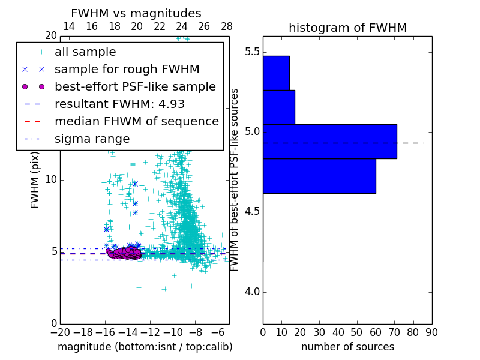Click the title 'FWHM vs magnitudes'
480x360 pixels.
coord(136,13)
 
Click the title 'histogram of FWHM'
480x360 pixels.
coord(347,28)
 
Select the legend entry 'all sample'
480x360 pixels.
coord(85,52)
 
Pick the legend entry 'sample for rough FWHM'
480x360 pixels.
coord(127,69)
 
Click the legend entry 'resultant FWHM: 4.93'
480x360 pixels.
coord(119,104)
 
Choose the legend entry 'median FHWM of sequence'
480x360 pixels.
coord(136,121)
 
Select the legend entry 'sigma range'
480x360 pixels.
coord(92,139)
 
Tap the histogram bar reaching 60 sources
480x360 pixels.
coord(319,176)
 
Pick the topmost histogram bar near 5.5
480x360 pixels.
coord(276,73)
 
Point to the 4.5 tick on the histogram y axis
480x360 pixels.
coord(251,212)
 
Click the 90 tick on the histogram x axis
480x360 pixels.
coord(431,332)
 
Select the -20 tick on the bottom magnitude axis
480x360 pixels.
coord(60,332)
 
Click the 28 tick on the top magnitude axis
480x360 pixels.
coord(227,26)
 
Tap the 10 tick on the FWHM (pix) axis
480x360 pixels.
coord(52,179)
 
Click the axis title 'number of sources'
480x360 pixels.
coord(347,347)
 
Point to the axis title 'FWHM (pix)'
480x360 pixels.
coord(35,179)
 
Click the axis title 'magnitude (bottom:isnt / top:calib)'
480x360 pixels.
coord(145,347)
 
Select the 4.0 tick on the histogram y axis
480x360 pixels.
coord(251,292)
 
